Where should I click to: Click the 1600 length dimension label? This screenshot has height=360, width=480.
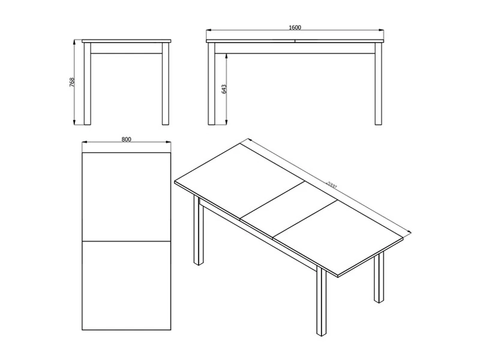click(x=295, y=28)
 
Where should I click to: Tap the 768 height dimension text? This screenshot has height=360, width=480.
click(x=72, y=82)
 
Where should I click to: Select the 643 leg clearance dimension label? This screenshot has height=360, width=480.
click(x=224, y=89)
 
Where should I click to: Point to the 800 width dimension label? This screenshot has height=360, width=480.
click(x=126, y=139)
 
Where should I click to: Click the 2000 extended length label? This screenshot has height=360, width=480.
click(x=331, y=185)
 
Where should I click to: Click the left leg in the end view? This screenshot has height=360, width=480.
click(x=87, y=83)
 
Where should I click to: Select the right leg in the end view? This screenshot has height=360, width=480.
click(x=166, y=83)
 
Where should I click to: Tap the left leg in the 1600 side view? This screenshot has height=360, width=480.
click(x=212, y=83)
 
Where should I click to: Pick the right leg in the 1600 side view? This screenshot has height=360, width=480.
click(x=379, y=83)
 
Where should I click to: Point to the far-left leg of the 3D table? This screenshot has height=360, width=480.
click(x=199, y=230)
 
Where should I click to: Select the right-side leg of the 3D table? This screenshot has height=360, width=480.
click(x=379, y=277)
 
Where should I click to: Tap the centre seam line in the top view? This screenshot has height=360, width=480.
click(x=127, y=241)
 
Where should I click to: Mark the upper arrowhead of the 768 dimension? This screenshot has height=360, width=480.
click(x=74, y=42)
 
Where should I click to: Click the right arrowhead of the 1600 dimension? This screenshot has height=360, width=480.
click(x=381, y=31)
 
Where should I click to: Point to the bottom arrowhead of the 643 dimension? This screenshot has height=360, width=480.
click(x=226, y=122)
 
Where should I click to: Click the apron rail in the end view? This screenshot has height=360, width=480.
click(x=127, y=49)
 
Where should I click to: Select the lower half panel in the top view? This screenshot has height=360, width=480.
click(x=127, y=286)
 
